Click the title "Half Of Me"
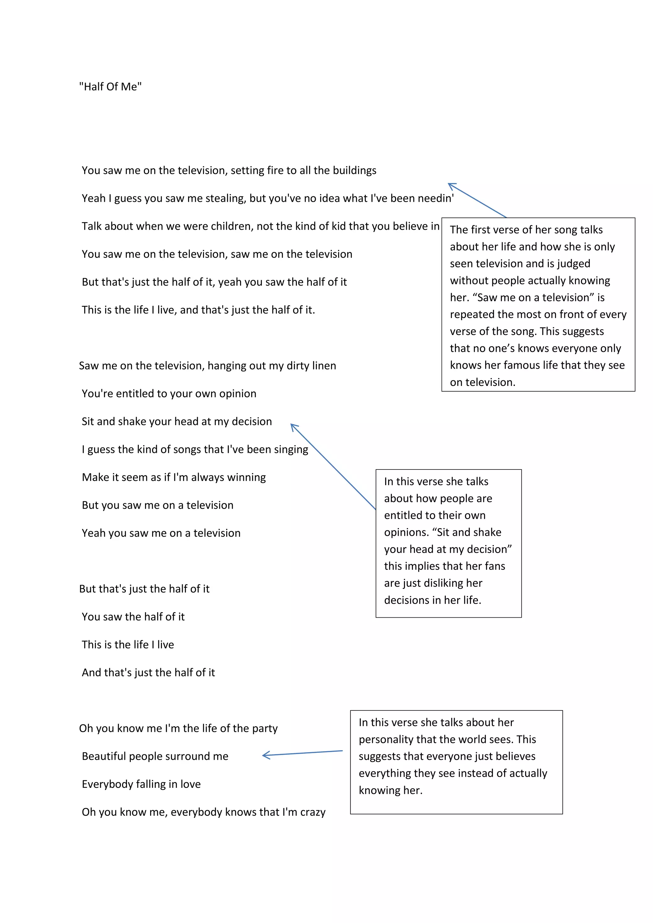pos(110,87)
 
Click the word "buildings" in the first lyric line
pos(355,171)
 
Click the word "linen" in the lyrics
pos(323,366)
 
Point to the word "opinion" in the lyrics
pos(238,394)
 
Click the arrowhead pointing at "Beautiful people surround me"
pos(264,756)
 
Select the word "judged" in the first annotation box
pos(573,264)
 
